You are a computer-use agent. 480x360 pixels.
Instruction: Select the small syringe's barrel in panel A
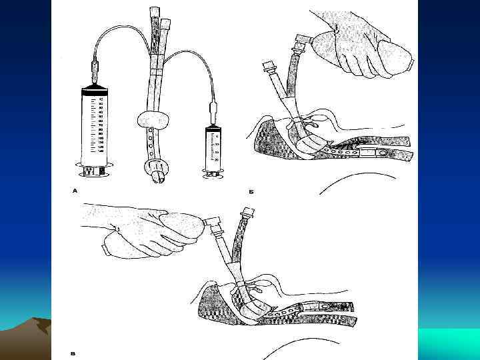tap(213, 149)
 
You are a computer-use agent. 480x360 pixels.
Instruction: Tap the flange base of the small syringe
tap(213, 174)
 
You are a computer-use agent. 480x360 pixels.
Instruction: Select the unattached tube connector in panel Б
tap(270, 68)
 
